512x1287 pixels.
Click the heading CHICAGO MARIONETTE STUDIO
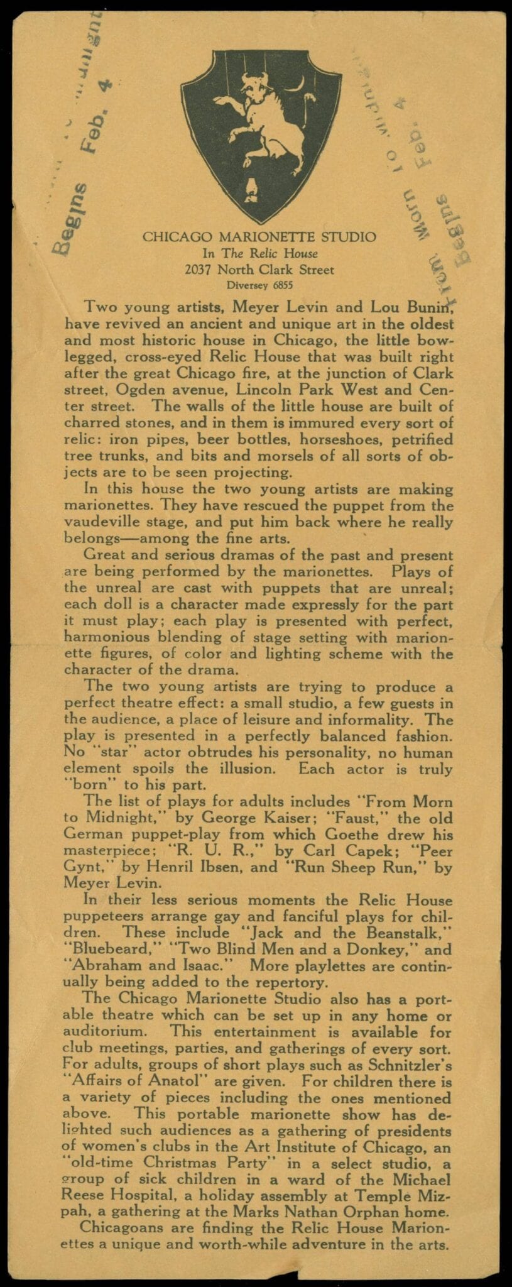coord(259,237)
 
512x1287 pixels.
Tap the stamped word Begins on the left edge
coord(65,219)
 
